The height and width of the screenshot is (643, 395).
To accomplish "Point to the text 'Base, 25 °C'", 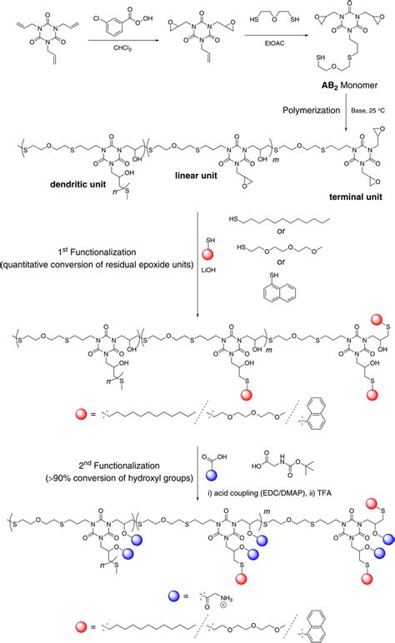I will click(365, 108).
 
